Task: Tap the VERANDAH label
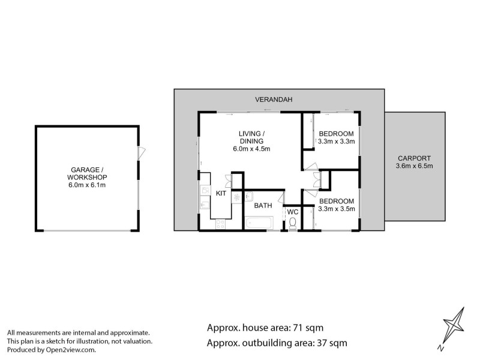coord(272,100)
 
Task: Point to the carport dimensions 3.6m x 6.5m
coord(415,166)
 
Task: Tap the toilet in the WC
coord(292,223)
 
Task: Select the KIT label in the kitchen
coord(221,194)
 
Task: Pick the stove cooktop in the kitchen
coord(220,224)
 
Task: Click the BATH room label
coord(263,205)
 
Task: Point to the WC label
coord(292,212)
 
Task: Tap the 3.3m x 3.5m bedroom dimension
coord(337,209)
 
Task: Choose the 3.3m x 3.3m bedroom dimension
coord(337,142)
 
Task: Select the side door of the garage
coord(139,153)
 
